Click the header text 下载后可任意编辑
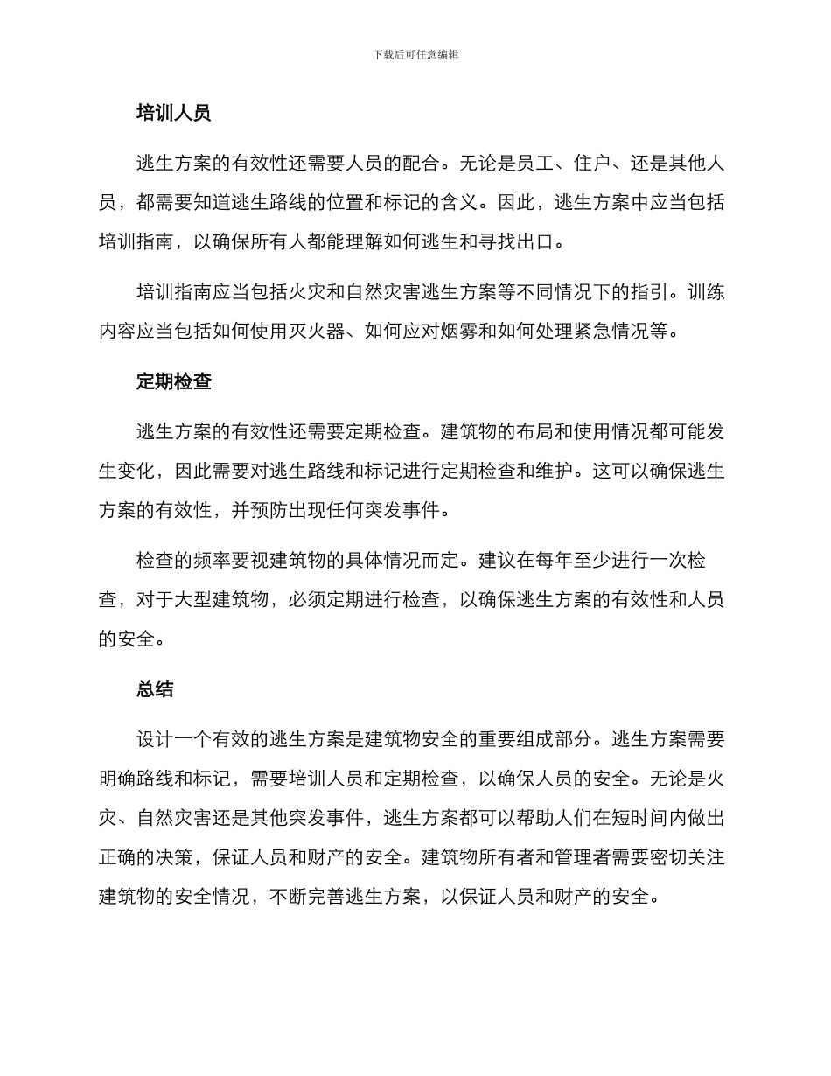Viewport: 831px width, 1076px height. (415, 54)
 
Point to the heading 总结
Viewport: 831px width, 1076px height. (155, 688)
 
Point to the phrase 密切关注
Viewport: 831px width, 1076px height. (688, 857)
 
